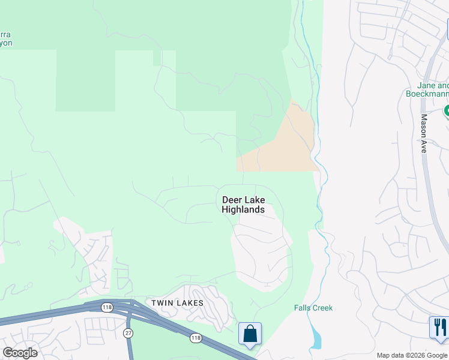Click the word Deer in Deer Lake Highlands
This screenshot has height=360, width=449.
(x=232, y=200)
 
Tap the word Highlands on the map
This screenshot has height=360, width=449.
(x=243, y=210)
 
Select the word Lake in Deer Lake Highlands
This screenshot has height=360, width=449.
(x=255, y=200)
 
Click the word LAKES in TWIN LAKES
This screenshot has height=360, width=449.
(x=190, y=303)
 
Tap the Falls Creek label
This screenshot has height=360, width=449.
(x=313, y=308)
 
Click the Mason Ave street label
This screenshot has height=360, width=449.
(x=423, y=133)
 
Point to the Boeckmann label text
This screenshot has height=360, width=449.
(x=427, y=94)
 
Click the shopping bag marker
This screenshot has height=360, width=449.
(x=250, y=334)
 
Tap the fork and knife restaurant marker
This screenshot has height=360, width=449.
(x=439, y=328)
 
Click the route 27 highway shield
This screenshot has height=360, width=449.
(x=128, y=332)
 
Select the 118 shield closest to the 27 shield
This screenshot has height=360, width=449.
(x=107, y=307)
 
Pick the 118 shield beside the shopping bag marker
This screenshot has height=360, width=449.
(x=196, y=338)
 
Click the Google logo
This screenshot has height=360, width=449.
(x=20, y=353)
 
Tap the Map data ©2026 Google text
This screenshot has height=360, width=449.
(x=412, y=355)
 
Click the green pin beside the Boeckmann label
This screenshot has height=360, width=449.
(x=446, y=111)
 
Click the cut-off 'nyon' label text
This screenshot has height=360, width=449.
(x=6, y=43)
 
